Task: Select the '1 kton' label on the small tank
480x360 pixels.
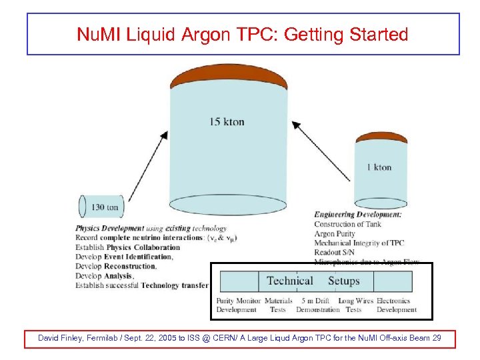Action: tap(379, 167)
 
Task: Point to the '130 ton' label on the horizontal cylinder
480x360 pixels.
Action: tap(105, 207)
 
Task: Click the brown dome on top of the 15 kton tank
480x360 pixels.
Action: tap(229, 78)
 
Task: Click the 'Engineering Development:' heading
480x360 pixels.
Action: tap(357, 215)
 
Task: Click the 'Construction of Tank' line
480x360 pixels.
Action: tap(349, 225)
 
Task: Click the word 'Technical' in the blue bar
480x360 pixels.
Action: tap(290, 281)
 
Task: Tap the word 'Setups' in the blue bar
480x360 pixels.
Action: tap(343, 281)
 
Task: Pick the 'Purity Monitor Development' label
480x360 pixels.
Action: tap(238, 305)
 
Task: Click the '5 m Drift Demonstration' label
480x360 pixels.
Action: tap(317, 305)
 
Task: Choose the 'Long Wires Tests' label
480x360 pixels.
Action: tap(355, 305)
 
